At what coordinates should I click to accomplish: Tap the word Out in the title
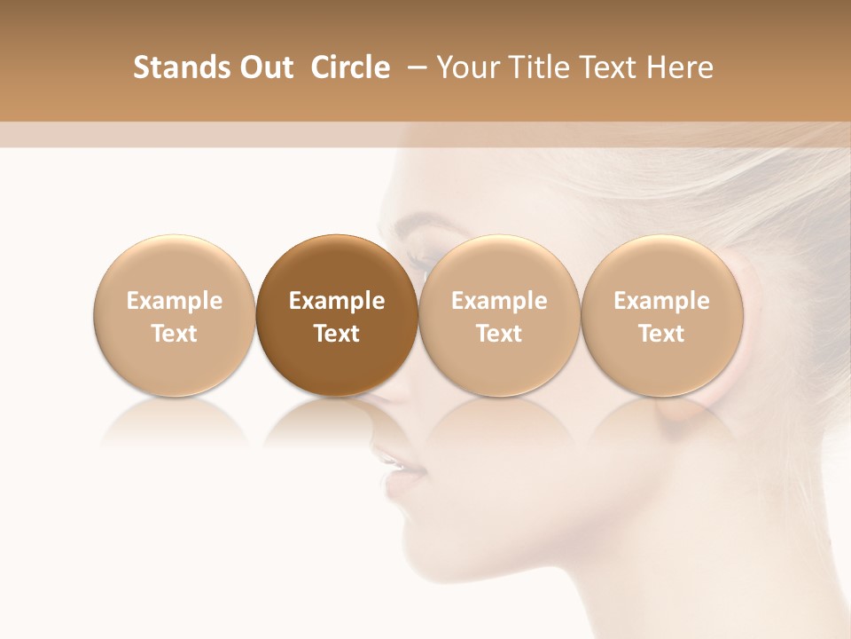(x=264, y=67)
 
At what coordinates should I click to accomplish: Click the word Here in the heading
(x=681, y=67)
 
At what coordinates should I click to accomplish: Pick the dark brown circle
(x=337, y=315)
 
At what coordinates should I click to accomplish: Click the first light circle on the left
(x=175, y=315)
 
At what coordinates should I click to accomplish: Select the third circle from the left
(x=499, y=315)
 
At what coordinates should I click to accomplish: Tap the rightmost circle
(x=662, y=315)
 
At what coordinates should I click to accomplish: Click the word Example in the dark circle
(x=337, y=301)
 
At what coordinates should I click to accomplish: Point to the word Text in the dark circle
(x=337, y=334)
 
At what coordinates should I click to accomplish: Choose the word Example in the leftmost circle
(x=175, y=301)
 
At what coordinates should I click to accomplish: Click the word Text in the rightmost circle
(x=662, y=334)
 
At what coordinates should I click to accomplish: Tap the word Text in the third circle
(x=499, y=334)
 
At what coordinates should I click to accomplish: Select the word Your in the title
(x=466, y=67)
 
